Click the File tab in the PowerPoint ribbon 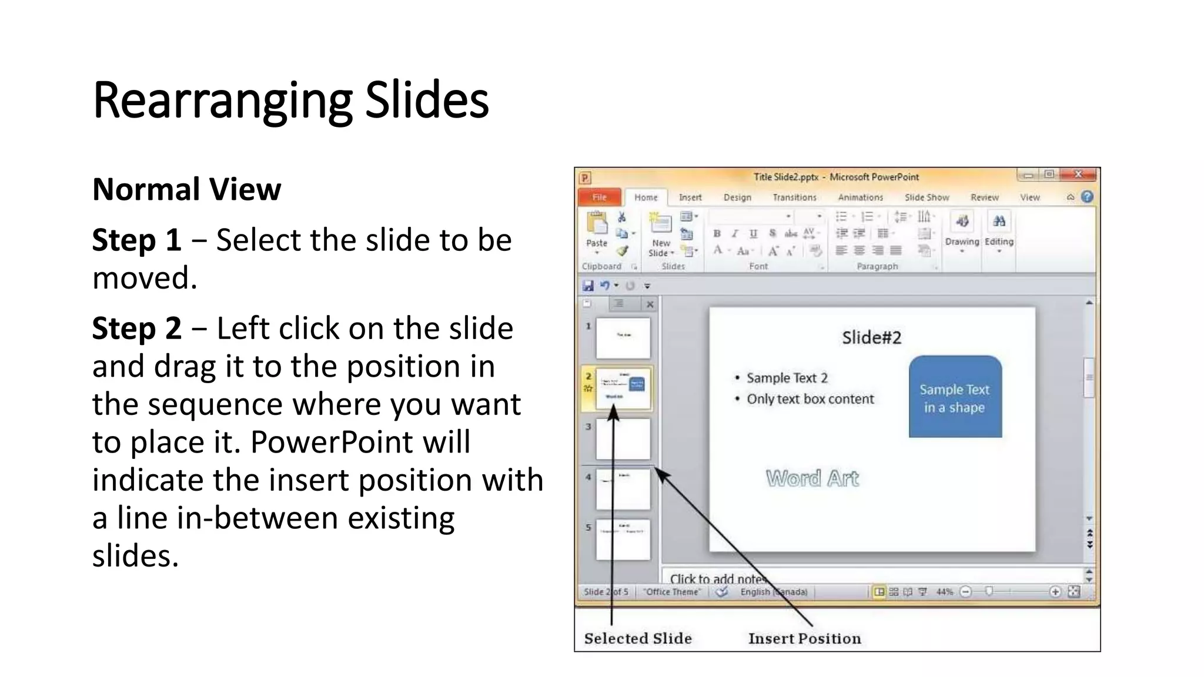coord(599,197)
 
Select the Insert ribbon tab coord(690,197)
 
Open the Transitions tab coord(794,197)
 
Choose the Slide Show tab coord(927,197)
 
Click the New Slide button coord(661,235)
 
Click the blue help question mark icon coord(1087,197)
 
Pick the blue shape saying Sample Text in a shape coord(955,397)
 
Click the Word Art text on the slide coord(812,478)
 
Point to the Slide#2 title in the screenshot coord(871,337)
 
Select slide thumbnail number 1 coord(623,338)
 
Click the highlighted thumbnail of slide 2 coord(623,388)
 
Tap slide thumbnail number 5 coord(623,539)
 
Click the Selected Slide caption coord(638,638)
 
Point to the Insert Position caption coord(804,638)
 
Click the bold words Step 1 coord(136,240)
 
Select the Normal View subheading coord(186,189)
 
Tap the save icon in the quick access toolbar coord(588,286)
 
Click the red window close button coord(1078,175)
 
